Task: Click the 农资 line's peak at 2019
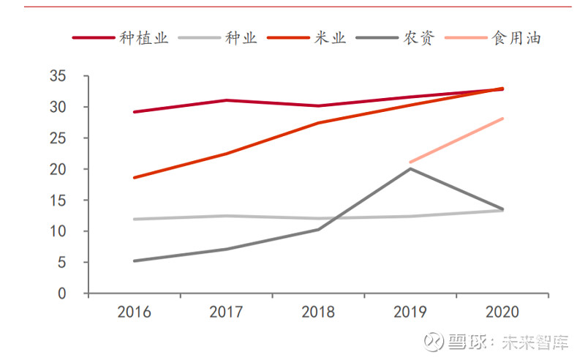[410, 169]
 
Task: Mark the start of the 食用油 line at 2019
[410, 162]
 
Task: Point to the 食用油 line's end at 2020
[502, 119]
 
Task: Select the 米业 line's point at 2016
[134, 178]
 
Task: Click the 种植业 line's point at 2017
[226, 100]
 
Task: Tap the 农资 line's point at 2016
[134, 260]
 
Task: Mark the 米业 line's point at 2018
[318, 123]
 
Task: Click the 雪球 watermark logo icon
[436, 342]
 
